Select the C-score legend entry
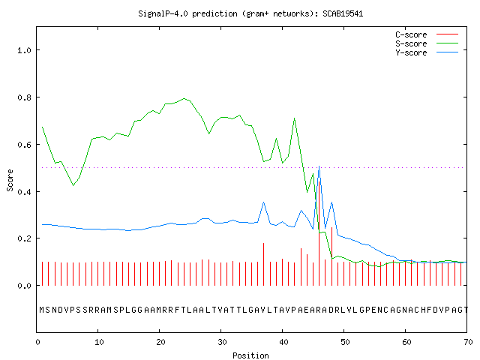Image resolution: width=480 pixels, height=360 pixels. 427,34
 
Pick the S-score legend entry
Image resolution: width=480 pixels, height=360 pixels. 427,43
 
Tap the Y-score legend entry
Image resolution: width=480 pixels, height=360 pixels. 427,52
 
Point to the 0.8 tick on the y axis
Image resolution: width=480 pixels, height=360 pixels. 25,97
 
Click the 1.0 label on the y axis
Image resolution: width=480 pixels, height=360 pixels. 25,50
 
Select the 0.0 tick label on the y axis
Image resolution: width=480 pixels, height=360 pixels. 25,286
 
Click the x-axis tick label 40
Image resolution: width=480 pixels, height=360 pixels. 283,342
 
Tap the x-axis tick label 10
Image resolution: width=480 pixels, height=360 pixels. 99,342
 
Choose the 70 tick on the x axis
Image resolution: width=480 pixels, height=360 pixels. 468,342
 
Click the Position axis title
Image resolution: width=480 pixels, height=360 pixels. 250,355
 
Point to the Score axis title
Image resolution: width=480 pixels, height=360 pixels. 10,181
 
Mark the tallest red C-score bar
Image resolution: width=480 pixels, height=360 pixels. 319,233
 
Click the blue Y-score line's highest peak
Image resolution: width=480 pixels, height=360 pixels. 319,166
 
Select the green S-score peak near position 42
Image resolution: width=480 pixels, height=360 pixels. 295,118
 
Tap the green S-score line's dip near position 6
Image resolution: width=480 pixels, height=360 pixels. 73,185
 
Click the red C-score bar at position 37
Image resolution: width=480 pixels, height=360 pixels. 263,265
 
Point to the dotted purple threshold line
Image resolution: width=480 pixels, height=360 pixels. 253,167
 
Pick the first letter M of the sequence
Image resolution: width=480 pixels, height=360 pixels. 42,310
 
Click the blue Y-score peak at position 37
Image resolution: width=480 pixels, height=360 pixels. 263,202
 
